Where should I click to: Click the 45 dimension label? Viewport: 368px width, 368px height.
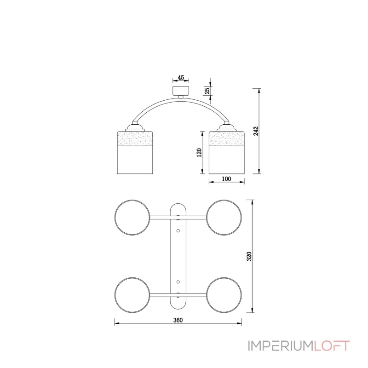point(181,77)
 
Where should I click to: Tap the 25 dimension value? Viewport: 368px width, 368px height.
point(207,91)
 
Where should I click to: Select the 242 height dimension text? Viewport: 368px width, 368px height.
point(256,131)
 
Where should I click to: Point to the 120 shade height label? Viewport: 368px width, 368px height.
point(199,153)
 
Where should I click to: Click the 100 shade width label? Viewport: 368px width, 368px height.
point(226,179)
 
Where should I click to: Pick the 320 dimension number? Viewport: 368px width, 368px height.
point(249,256)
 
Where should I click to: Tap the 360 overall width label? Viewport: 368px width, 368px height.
point(178,320)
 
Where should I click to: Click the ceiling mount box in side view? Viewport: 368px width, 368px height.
point(181,91)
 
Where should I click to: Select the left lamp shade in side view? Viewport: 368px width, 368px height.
point(135,153)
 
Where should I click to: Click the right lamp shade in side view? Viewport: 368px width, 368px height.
point(227,153)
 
